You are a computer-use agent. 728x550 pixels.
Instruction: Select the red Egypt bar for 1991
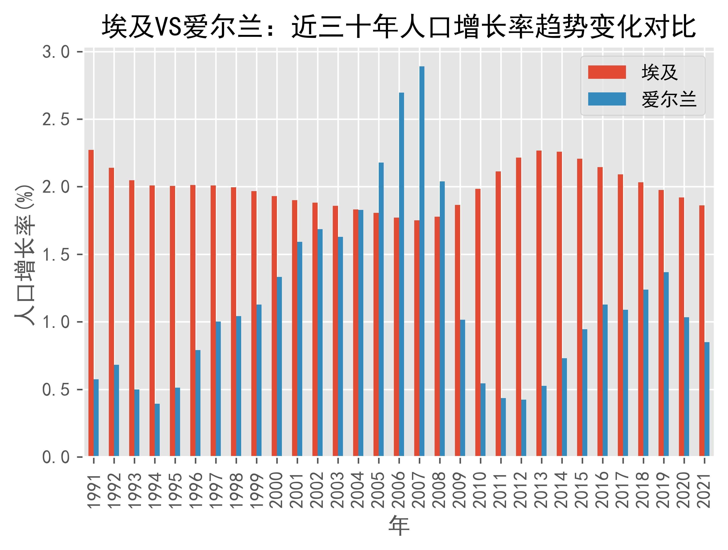pyautogui.click(x=91, y=303)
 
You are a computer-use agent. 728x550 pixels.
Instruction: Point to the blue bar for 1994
pyautogui.click(x=157, y=430)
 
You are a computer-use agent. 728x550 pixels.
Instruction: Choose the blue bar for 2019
pyautogui.click(x=666, y=364)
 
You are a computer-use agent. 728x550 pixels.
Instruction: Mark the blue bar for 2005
pyautogui.click(x=381, y=309)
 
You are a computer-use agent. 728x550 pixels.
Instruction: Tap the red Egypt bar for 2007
pyautogui.click(x=417, y=338)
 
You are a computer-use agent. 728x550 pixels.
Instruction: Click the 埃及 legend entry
pyautogui.click(x=642, y=72)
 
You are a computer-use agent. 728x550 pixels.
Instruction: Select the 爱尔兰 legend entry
pyautogui.click(x=642, y=99)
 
